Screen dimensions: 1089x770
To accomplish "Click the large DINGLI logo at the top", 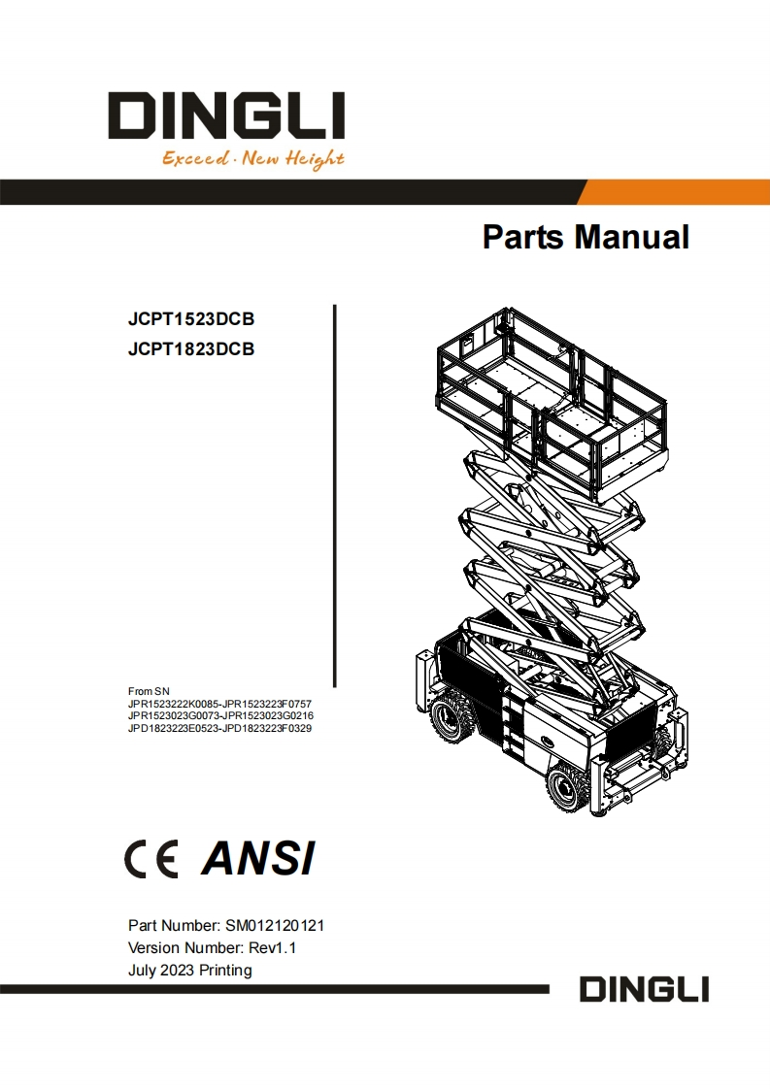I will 225,115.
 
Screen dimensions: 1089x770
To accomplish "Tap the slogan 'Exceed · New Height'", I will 252,158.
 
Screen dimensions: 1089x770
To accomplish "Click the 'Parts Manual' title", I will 586,237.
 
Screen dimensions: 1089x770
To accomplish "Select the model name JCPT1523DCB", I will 191,319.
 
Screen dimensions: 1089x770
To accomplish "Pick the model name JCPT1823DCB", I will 191,349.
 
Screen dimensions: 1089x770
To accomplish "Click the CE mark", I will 151,859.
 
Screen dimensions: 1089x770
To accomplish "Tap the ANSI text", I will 258,859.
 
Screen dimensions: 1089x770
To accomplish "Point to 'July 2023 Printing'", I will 189,971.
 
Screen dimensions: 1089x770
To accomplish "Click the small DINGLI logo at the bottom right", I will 644,991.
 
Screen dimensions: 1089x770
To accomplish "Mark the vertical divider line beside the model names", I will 335,495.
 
